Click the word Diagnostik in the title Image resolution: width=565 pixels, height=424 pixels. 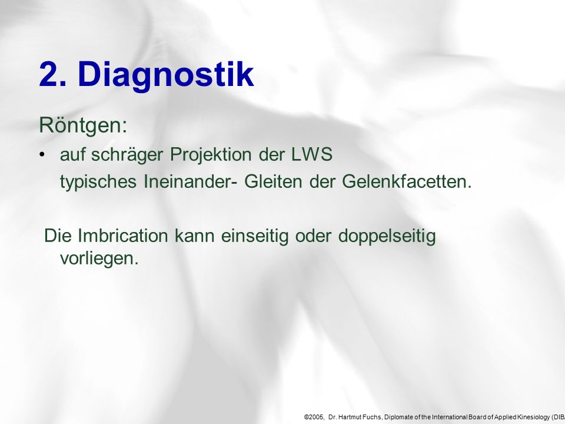pos(166,75)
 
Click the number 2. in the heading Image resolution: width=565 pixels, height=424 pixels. pos(52,74)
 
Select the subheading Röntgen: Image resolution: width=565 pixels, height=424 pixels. pos(83,125)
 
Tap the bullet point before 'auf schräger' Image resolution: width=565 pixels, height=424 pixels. pos(42,155)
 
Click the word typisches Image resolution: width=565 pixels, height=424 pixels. pos(98,182)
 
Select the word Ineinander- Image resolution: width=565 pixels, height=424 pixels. pos(190,181)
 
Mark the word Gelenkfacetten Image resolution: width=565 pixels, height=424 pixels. pos(407,181)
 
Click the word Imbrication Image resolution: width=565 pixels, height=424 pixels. pos(123,236)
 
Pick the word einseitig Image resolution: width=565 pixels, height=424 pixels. pos(255,237)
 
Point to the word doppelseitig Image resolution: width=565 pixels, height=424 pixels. pos(387,237)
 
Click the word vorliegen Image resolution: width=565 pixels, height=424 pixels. pos(99,259)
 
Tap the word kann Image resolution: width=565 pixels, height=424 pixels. pos(195,236)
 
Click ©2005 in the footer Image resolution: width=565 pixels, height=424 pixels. pos(314,417)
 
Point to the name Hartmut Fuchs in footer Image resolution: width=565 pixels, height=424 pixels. pos(360,417)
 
